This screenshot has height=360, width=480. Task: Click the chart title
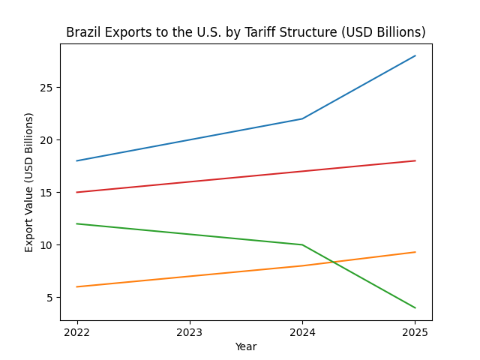(245, 32)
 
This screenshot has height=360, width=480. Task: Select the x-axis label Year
(245, 346)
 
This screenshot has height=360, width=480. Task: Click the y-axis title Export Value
(29, 182)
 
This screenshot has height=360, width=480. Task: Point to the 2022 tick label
(76, 331)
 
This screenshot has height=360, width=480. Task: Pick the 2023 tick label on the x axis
(190, 331)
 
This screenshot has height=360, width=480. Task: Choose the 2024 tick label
(302, 331)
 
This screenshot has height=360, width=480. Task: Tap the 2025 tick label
(415, 331)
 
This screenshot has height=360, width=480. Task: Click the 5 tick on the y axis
(49, 298)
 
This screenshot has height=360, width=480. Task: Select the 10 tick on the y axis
(46, 245)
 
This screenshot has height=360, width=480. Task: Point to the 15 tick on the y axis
(46, 193)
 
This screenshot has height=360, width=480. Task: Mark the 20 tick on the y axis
(46, 140)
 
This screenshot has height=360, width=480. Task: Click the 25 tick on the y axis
(46, 88)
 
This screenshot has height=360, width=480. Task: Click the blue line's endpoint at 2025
(415, 55)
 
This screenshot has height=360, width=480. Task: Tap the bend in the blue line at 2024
(302, 118)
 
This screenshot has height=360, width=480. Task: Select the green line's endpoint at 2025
(415, 307)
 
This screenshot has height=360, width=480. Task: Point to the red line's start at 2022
(76, 192)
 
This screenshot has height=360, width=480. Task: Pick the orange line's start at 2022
(76, 286)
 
